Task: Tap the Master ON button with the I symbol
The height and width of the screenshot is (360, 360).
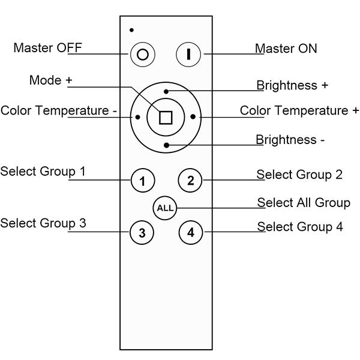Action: [x=188, y=54]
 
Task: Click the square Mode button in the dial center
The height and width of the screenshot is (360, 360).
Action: [x=165, y=117]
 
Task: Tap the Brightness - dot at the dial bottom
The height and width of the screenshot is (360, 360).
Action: [x=167, y=145]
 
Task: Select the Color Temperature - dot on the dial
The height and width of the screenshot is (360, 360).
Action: [x=138, y=117]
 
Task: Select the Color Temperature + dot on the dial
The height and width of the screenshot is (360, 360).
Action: [x=192, y=117]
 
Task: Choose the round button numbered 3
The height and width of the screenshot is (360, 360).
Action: [x=142, y=233]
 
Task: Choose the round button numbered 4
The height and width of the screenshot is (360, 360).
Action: [x=191, y=232]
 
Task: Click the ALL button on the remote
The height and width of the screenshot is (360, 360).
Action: [x=165, y=208]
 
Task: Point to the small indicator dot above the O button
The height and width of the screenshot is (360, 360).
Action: [x=131, y=30]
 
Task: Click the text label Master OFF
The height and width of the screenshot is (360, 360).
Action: [x=47, y=48]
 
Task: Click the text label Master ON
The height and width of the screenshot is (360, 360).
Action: [x=286, y=49]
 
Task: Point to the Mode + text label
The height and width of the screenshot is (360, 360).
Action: [x=55, y=80]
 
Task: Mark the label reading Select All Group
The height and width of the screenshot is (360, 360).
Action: [x=304, y=203]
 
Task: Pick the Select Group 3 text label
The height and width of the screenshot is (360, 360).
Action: [x=43, y=223]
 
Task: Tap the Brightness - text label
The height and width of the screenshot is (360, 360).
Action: [x=290, y=140]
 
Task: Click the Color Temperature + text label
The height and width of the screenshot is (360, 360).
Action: [x=299, y=110]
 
